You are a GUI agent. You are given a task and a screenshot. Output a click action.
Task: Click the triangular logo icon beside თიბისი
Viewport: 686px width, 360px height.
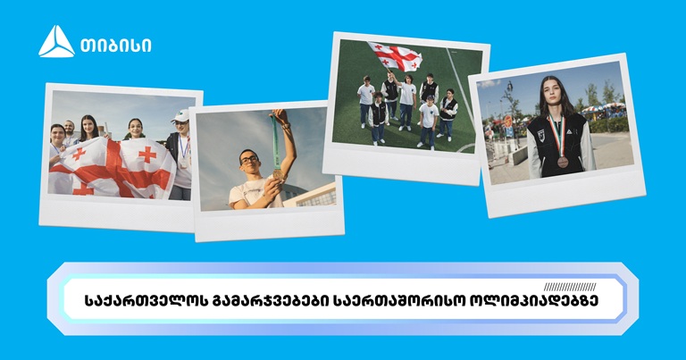click(x=56, y=42)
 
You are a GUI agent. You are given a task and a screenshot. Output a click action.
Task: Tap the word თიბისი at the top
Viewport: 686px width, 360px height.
click(x=116, y=45)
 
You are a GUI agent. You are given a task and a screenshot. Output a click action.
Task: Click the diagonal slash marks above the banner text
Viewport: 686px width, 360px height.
click(x=570, y=287)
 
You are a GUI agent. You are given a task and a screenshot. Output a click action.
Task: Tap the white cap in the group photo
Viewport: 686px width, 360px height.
click(x=180, y=116)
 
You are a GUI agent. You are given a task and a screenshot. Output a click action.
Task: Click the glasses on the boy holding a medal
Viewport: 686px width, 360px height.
click(x=248, y=159)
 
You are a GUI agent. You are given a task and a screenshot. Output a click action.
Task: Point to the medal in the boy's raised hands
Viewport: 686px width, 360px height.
click(x=278, y=173)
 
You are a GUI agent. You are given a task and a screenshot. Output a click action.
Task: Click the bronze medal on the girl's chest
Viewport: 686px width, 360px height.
click(x=563, y=162)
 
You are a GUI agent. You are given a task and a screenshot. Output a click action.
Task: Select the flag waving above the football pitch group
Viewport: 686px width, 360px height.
click(x=396, y=56)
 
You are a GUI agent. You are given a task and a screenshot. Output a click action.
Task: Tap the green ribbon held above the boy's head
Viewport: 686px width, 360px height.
click(x=275, y=141)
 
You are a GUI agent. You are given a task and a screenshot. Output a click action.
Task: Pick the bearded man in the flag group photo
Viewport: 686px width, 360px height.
click(x=69, y=132)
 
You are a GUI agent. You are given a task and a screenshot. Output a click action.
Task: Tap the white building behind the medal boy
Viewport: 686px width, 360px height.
click(x=310, y=196)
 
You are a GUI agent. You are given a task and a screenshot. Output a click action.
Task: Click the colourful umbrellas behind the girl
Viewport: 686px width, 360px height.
click(x=604, y=108)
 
